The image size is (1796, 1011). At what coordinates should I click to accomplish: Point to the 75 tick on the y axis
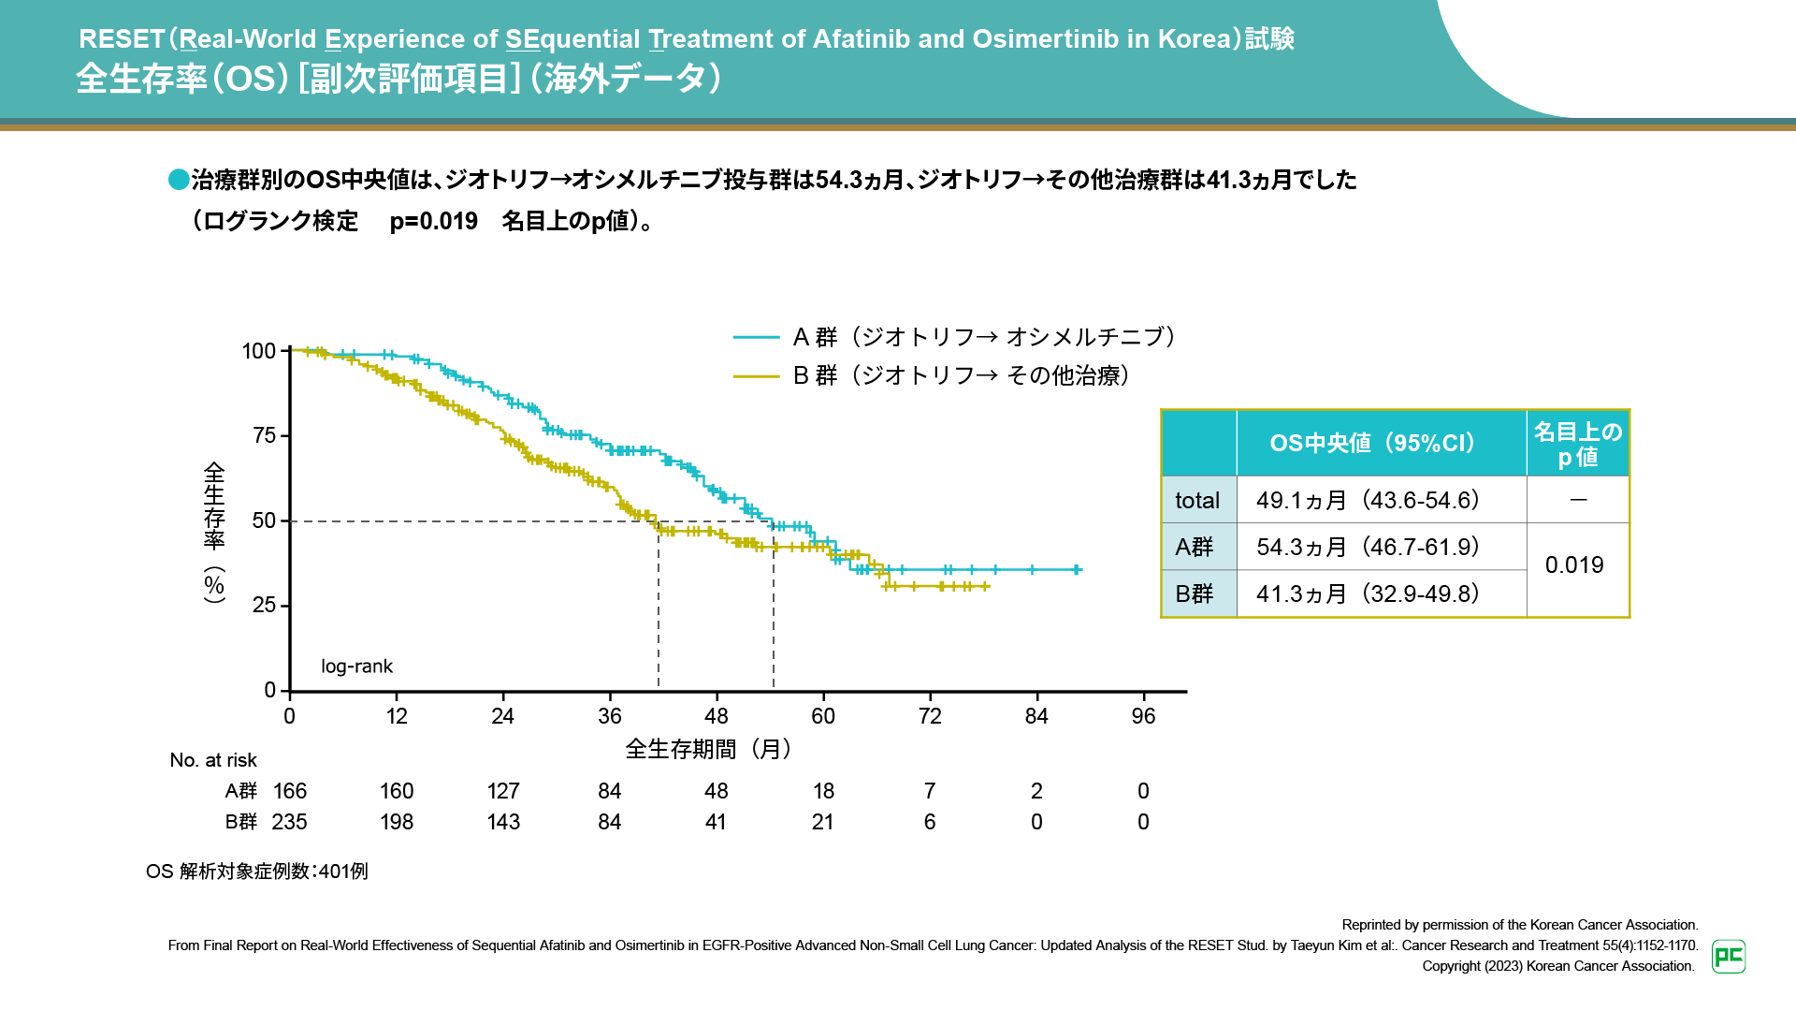click(x=265, y=435)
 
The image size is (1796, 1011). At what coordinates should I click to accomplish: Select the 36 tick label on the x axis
click(x=610, y=716)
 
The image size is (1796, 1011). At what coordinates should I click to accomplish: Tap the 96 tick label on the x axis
click(x=1143, y=716)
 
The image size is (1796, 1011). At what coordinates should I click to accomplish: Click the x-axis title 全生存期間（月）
click(x=708, y=749)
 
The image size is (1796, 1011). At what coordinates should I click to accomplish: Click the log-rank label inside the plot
click(x=356, y=667)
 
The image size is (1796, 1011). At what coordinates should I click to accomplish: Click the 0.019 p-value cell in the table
click(x=1574, y=565)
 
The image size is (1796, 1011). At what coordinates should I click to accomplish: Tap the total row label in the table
click(x=1197, y=501)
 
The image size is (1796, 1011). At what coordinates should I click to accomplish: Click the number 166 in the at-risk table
click(x=290, y=791)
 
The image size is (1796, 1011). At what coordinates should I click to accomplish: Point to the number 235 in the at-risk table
click(x=289, y=822)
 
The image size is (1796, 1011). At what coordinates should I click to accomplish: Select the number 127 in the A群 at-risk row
click(x=503, y=791)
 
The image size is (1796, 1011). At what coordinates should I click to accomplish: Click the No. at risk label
click(x=213, y=760)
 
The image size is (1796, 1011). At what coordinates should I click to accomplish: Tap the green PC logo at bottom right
click(x=1729, y=956)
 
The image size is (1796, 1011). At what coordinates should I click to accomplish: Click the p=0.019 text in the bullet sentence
click(x=433, y=221)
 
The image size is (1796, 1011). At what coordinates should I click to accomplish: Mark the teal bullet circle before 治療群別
click(x=179, y=180)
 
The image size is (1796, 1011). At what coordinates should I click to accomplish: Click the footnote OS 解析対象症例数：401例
click(x=257, y=872)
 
